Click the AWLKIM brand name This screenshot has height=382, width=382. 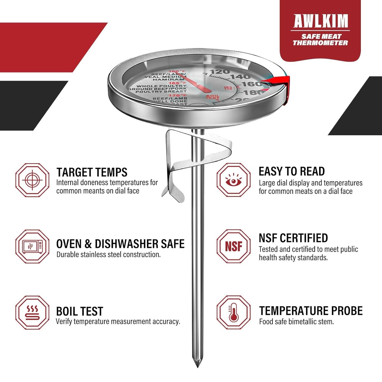[320, 21]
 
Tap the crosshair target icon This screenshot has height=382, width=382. [32, 180]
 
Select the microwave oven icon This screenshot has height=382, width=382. [32, 246]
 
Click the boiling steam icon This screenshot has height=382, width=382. [32, 312]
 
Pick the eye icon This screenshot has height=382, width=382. [234, 180]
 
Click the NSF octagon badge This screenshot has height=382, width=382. [234, 246]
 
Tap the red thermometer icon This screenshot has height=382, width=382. [234, 312]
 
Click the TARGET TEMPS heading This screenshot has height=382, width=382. [92, 172]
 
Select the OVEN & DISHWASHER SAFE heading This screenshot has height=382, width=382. [120, 244]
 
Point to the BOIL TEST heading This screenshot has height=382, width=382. [79, 311]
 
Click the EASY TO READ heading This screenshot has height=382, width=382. [292, 172]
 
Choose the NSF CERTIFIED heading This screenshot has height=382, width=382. [293, 238]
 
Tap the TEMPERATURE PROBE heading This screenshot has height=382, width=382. [311, 311]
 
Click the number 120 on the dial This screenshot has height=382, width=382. [219, 72]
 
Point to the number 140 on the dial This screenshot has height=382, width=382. [240, 77]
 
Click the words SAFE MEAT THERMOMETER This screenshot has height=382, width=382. [320, 40]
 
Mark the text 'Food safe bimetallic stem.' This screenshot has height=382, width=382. [296, 322]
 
